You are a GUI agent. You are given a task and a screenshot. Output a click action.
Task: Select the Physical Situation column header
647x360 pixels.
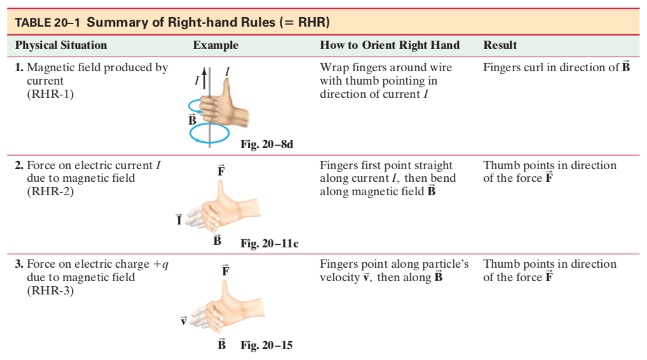pos(61,45)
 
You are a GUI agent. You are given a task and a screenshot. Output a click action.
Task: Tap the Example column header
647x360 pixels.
pos(215,45)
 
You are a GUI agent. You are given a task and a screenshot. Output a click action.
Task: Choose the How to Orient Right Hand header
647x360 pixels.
pos(390,45)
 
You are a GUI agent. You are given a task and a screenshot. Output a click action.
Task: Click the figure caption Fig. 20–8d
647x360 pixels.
pos(267,144)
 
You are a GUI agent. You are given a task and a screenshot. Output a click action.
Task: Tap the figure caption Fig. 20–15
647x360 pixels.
pos(266,345)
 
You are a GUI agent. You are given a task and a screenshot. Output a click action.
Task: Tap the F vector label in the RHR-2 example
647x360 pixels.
pos(221,170)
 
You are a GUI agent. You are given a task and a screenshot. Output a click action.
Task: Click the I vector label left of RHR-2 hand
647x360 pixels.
pos(180,220)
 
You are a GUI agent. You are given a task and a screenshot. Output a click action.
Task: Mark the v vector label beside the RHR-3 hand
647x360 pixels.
pos(183,321)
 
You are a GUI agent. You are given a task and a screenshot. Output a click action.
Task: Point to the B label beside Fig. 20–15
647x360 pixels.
pos(222,345)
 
